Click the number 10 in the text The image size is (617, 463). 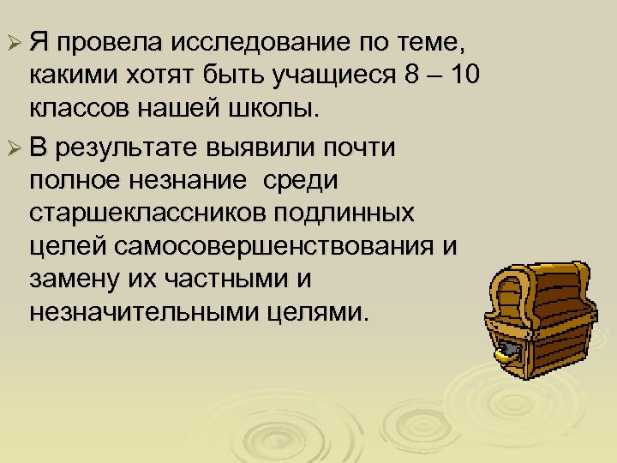tap(462, 76)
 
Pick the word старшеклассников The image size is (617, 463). tap(138, 213)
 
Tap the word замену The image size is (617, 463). tap(75, 279)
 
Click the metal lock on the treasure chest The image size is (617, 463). tap(507, 351)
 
